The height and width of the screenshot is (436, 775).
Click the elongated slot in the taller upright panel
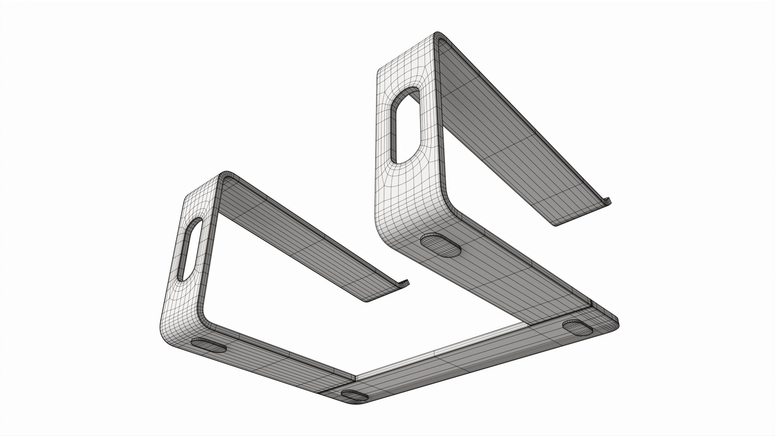point(406,125)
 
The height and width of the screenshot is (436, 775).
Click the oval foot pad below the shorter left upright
point(209,346)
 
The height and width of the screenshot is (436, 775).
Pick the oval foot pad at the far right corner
point(579,327)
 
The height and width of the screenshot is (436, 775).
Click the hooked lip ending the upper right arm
point(605,202)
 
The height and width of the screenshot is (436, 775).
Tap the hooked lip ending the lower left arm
point(404,283)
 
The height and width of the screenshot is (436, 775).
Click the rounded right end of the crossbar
point(612,323)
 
